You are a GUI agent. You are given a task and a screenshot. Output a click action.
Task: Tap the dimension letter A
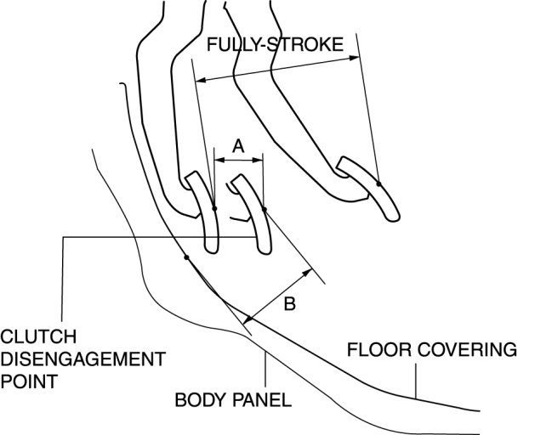click(x=238, y=146)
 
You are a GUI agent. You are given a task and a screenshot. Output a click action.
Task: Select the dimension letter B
click(x=289, y=304)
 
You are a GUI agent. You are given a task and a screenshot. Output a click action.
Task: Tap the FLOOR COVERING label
click(x=431, y=349)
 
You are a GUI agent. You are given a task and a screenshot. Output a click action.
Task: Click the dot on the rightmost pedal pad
click(x=378, y=184)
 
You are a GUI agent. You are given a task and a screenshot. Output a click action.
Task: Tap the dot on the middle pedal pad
click(x=264, y=209)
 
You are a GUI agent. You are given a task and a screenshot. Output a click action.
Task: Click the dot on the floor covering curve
click(x=185, y=257)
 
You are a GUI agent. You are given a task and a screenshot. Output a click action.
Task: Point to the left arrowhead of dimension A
click(x=216, y=158)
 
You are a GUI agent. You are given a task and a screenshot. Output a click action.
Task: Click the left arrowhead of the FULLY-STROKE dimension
click(x=200, y=81)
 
